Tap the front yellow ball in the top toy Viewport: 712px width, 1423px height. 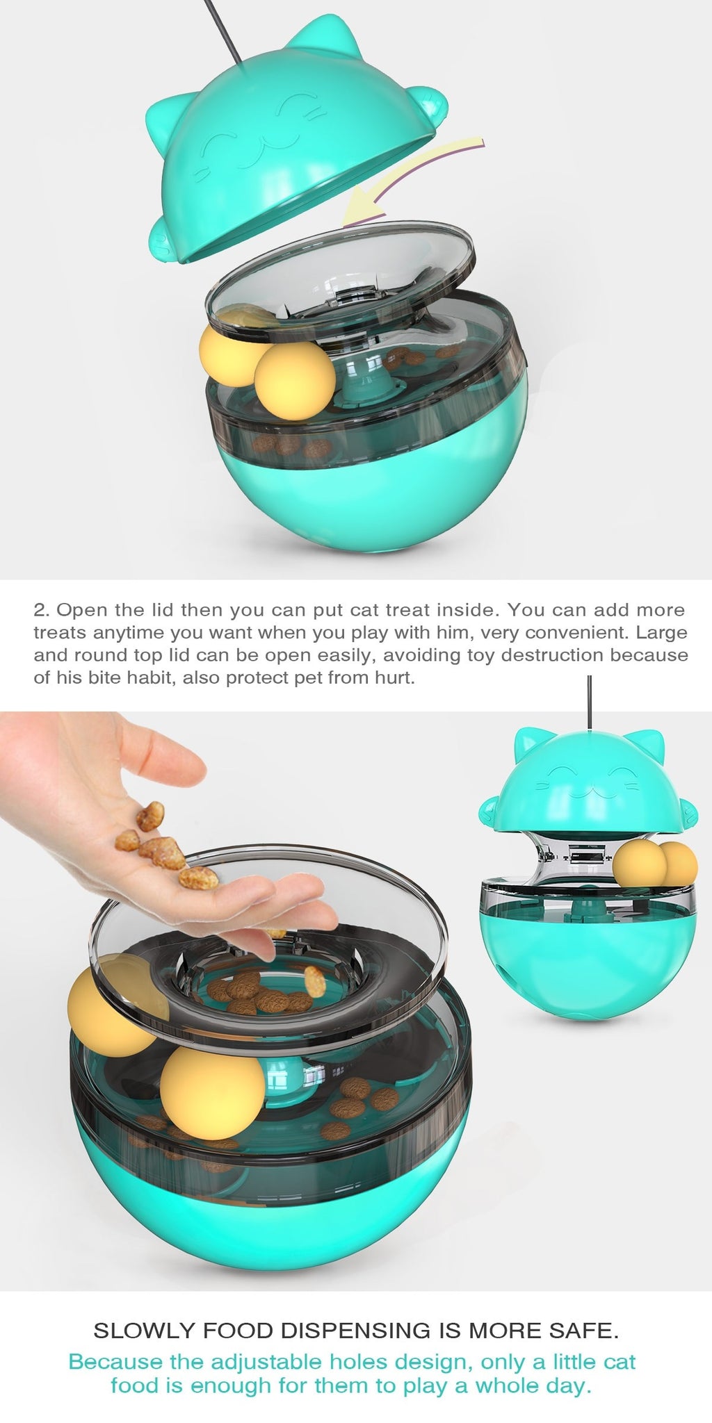point(294,380)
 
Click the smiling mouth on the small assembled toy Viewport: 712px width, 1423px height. point(589,793)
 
